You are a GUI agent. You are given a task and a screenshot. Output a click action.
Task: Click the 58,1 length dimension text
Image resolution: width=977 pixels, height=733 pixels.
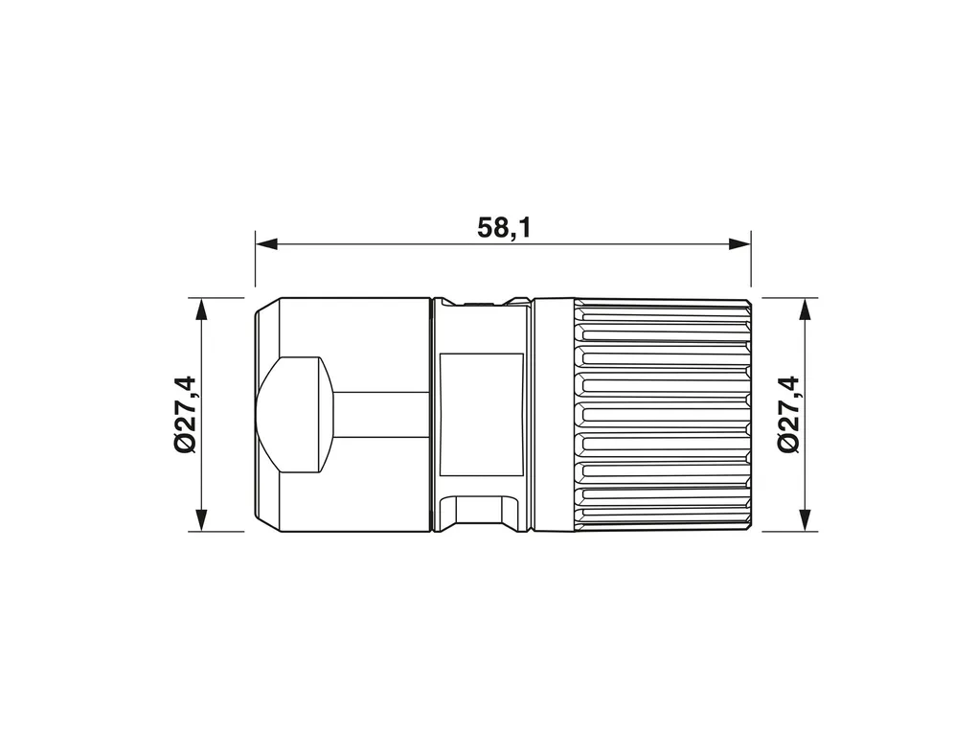(504, 228)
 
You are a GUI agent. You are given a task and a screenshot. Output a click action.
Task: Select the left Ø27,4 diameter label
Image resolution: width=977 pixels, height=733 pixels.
(185, 414)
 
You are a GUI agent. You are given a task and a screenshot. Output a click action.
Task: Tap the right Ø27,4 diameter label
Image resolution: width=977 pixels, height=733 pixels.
(787, 414)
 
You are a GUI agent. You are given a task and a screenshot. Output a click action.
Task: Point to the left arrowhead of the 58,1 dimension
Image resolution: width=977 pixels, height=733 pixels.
(266, 243)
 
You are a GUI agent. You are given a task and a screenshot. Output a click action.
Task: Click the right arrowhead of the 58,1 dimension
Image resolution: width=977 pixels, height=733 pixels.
(739, 243)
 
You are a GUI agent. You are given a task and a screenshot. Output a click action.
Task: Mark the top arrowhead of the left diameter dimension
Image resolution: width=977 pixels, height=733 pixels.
(201, 309)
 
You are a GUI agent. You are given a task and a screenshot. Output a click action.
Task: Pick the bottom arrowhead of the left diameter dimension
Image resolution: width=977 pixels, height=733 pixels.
(201, 520)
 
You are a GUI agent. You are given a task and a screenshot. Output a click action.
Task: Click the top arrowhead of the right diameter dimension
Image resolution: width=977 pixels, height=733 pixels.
(805, 309)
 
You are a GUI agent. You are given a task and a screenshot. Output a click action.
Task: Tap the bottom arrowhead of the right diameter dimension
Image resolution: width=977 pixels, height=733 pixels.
(805, 520)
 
